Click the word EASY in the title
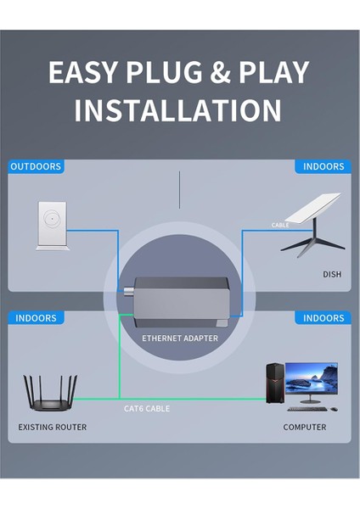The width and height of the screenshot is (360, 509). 82,73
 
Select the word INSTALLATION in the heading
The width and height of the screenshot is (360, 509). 178,109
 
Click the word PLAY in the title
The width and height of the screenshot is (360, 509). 270,73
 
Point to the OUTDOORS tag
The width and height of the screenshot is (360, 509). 37,166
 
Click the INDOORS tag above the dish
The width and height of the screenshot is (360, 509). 323,166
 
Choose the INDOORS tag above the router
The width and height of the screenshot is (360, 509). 37,318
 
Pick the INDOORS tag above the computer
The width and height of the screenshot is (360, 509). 323,318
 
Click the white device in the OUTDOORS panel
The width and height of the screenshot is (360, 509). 53,225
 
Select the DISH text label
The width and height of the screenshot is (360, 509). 332,274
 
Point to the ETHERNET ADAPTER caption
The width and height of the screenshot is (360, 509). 179,338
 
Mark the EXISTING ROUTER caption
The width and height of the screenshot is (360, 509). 53,427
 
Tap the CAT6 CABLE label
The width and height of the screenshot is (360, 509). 147,409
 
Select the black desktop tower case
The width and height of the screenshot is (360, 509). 275,384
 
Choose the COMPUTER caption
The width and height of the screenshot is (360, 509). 305,427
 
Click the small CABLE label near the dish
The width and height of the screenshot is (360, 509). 280,225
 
